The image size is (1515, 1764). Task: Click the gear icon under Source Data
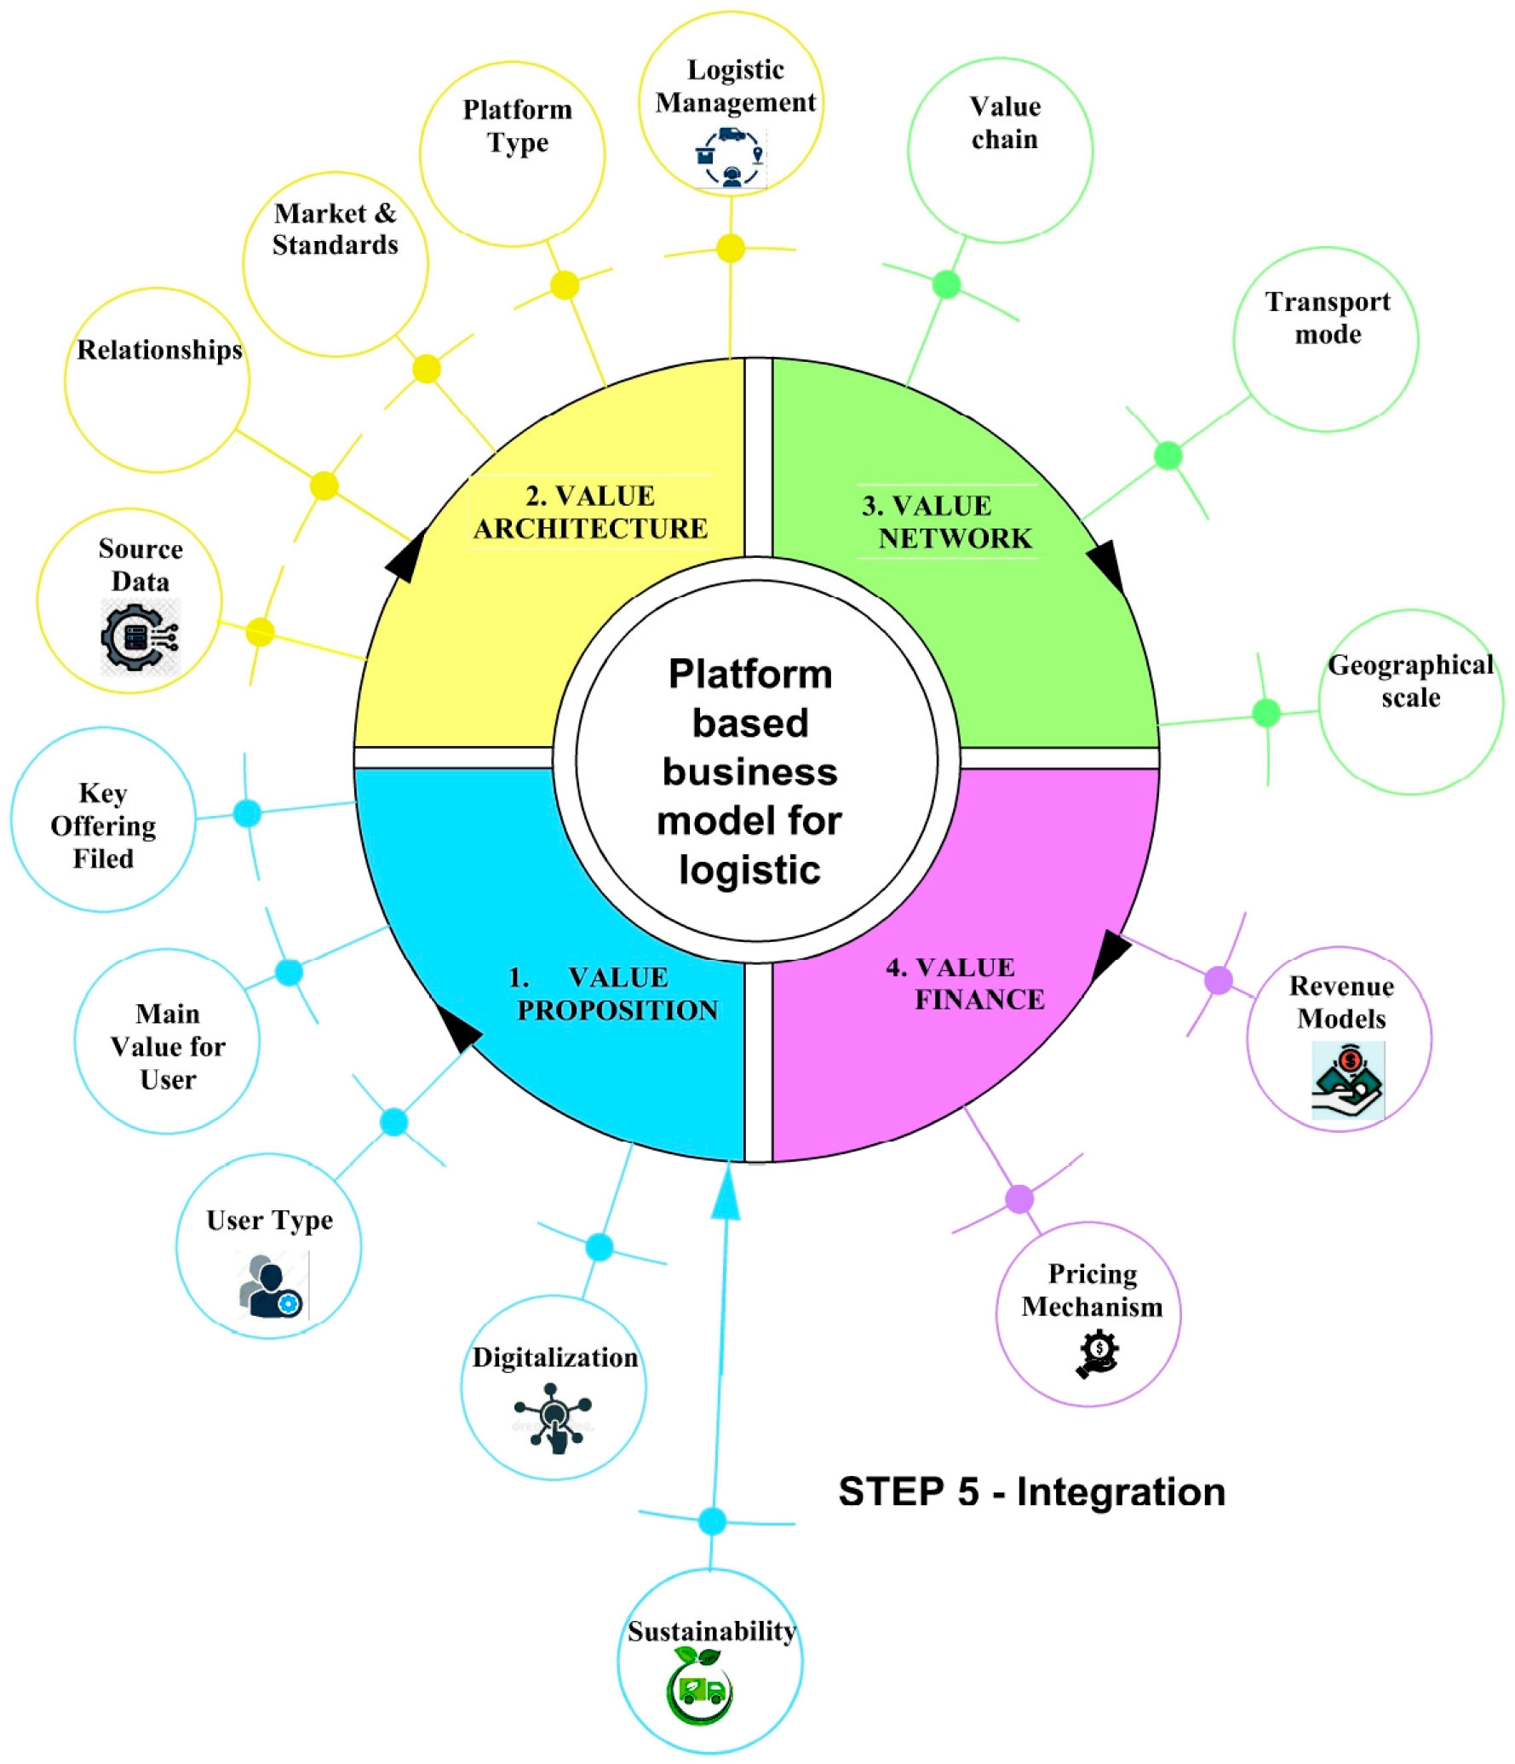coord(139,637)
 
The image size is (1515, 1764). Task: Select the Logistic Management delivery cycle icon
coord(731,158)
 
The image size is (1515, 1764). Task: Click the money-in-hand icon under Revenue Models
coord(1347,1080)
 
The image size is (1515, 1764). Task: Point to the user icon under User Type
coord(272,1287)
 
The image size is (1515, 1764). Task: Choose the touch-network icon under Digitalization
coord(554,1417)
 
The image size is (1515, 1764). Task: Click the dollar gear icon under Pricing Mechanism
coord(1097,1353)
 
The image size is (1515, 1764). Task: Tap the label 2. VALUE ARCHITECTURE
coord(590,512)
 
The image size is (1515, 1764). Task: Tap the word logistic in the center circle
coord(749,870)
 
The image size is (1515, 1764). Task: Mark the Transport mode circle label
coord(1327,318)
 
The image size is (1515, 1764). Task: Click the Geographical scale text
coord(1409,681)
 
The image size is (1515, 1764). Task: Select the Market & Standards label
coord(335,228)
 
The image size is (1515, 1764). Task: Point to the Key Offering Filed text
coord(103,825)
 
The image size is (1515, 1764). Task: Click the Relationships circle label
coord(159,349)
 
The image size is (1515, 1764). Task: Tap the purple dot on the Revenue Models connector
coord(1219,980)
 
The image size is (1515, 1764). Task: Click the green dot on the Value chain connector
coord(946,284)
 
